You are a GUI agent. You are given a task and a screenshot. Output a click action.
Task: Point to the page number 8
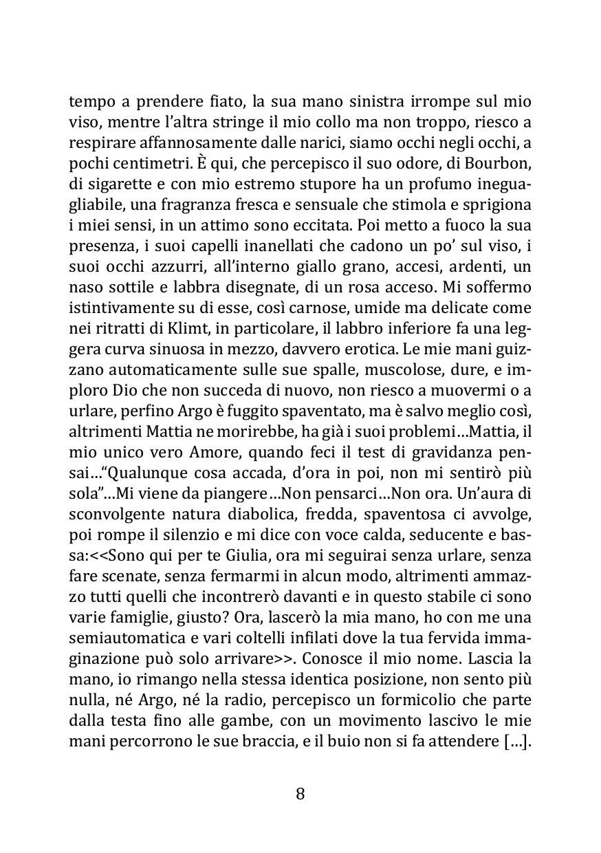tap(300, 793)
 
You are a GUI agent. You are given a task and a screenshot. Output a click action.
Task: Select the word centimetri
tap(141, 166)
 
